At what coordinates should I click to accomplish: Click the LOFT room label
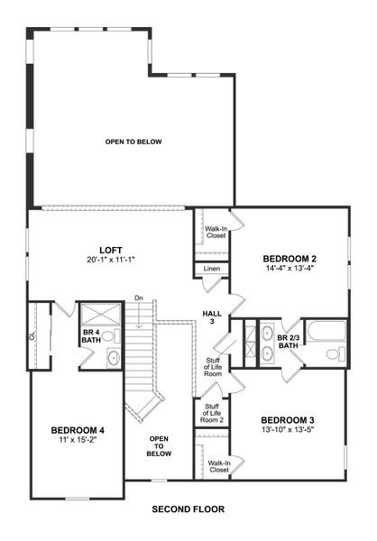[110, 250]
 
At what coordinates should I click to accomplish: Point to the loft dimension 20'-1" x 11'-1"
[110, 260]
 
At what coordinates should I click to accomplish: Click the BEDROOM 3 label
[286, 420]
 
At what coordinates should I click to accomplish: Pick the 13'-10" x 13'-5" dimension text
[286, 431]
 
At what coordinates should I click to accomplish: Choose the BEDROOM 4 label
[78, 431]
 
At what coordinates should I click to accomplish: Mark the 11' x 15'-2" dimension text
[78, 442]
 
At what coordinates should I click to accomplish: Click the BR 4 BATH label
[91, 336]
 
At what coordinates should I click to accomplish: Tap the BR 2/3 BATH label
[288, 340]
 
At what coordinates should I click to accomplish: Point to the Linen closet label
[212, 269]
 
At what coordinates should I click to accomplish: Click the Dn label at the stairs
[139, 298]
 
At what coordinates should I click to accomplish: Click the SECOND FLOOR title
[188, 509]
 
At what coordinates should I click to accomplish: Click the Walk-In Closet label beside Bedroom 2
[216, 234]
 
